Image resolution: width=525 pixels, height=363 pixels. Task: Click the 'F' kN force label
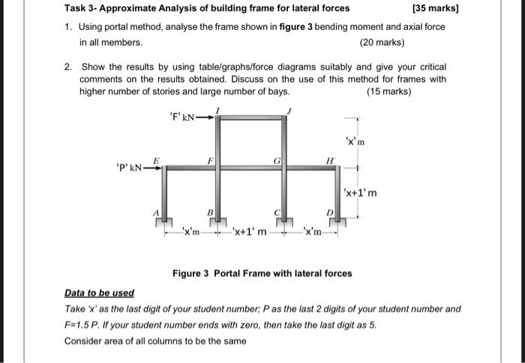coord(182,116)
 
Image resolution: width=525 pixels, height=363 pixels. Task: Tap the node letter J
coord(290,111)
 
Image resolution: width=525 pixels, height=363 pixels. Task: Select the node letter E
coord(156,160)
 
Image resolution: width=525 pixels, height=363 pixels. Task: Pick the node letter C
coord(276,213)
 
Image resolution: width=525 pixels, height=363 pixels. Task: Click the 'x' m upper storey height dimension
coord(355,141)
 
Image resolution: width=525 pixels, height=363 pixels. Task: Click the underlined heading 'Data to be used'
coord(99,292)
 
